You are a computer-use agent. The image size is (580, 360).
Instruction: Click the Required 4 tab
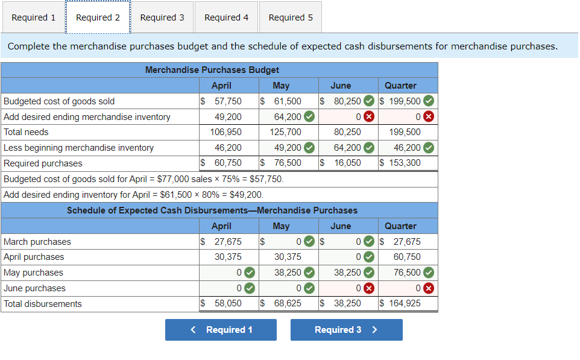226,17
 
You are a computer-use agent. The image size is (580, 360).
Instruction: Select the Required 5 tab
291,17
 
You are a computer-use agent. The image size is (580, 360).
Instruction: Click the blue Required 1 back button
221,330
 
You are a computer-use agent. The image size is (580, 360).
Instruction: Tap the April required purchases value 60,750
228,163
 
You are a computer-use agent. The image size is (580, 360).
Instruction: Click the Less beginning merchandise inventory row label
78,148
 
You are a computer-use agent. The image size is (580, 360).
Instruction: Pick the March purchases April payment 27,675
228,242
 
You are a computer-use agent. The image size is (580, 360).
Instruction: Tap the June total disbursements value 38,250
347,303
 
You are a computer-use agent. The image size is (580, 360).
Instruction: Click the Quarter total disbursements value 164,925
405,303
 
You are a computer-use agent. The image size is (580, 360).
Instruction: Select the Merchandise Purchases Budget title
212,70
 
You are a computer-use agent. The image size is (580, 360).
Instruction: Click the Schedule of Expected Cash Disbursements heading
212,210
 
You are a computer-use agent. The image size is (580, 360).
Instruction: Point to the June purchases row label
34,288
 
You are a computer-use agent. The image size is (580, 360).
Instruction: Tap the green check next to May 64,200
309,117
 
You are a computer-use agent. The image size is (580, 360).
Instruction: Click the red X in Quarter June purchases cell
428,288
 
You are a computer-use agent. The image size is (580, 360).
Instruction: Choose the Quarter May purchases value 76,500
408,273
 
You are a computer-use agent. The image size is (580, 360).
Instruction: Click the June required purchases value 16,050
347,163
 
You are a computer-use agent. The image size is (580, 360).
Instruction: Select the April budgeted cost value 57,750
228,101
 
